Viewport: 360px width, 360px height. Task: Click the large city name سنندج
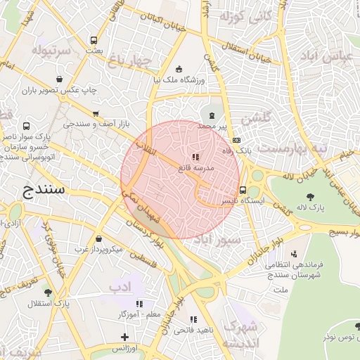pyautogui.click(x=44, y=191)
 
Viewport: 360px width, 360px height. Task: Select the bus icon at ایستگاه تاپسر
pyautogui.click(x=243, y=189)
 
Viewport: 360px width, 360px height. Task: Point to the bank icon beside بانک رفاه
pyautogui.click(x=236, y=140)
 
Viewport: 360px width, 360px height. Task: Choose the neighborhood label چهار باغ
pyautogui.click(x=129, y=62)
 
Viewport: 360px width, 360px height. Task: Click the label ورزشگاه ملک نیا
pyautogui.click(x=179, y=80)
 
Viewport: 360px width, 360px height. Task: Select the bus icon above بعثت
pyautogui.click(x=94, y=40)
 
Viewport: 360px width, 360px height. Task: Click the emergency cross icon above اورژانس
pyautogui.click(x=124, y=338)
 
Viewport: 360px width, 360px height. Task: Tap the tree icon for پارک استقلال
pyautogui.click(x=48, y=292)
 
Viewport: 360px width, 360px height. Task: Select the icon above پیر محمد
pyautogui.click(x=212, y=114)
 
